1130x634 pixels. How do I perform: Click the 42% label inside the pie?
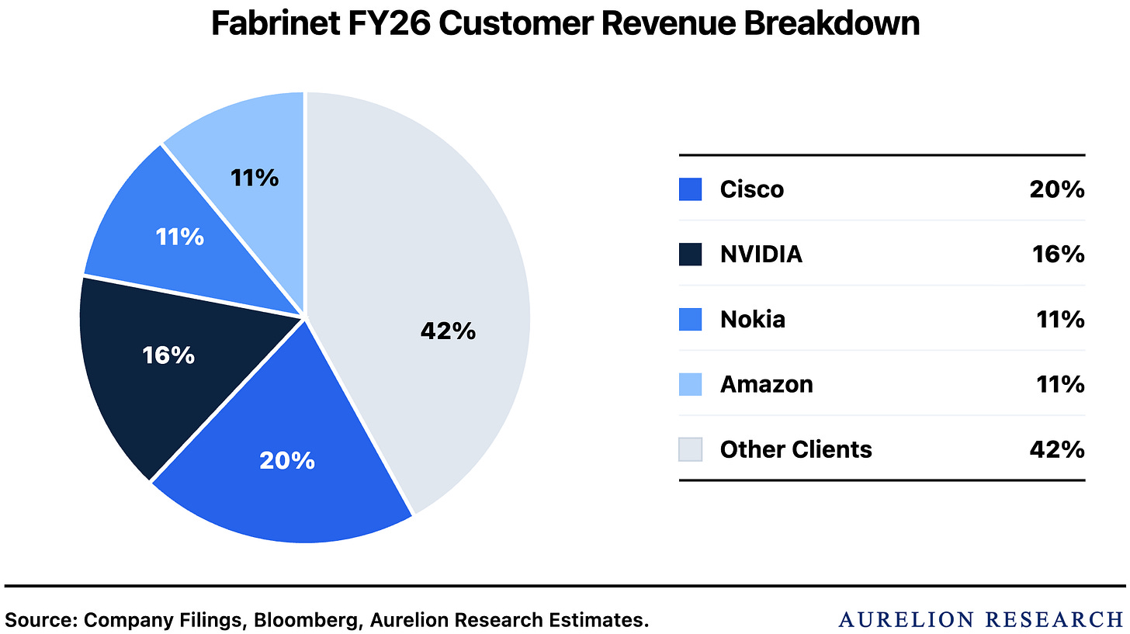[448, 331]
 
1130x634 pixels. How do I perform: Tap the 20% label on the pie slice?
[287, 460]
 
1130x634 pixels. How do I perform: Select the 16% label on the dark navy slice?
[168, 355]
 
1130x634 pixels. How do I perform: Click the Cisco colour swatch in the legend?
[690, 189]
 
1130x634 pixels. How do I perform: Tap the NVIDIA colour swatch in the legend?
[690, 255]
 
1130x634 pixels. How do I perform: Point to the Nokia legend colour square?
[690, 319]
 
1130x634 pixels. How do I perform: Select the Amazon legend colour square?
[690, 384]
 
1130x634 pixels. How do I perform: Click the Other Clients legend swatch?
[690, 449]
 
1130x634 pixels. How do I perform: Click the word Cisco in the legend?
[751, 189]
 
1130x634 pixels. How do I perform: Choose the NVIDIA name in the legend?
[761, 255]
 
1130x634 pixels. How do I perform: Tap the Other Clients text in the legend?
[796, 449]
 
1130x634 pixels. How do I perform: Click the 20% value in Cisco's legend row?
[1057, 189]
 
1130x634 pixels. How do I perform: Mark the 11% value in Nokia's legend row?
[1060, 319]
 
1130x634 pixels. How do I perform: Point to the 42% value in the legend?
[1057, 449]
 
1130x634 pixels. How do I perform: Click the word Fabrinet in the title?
[276, 23]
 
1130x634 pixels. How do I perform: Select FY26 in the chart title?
[389, 23]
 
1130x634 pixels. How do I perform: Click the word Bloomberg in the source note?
[307, 620]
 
